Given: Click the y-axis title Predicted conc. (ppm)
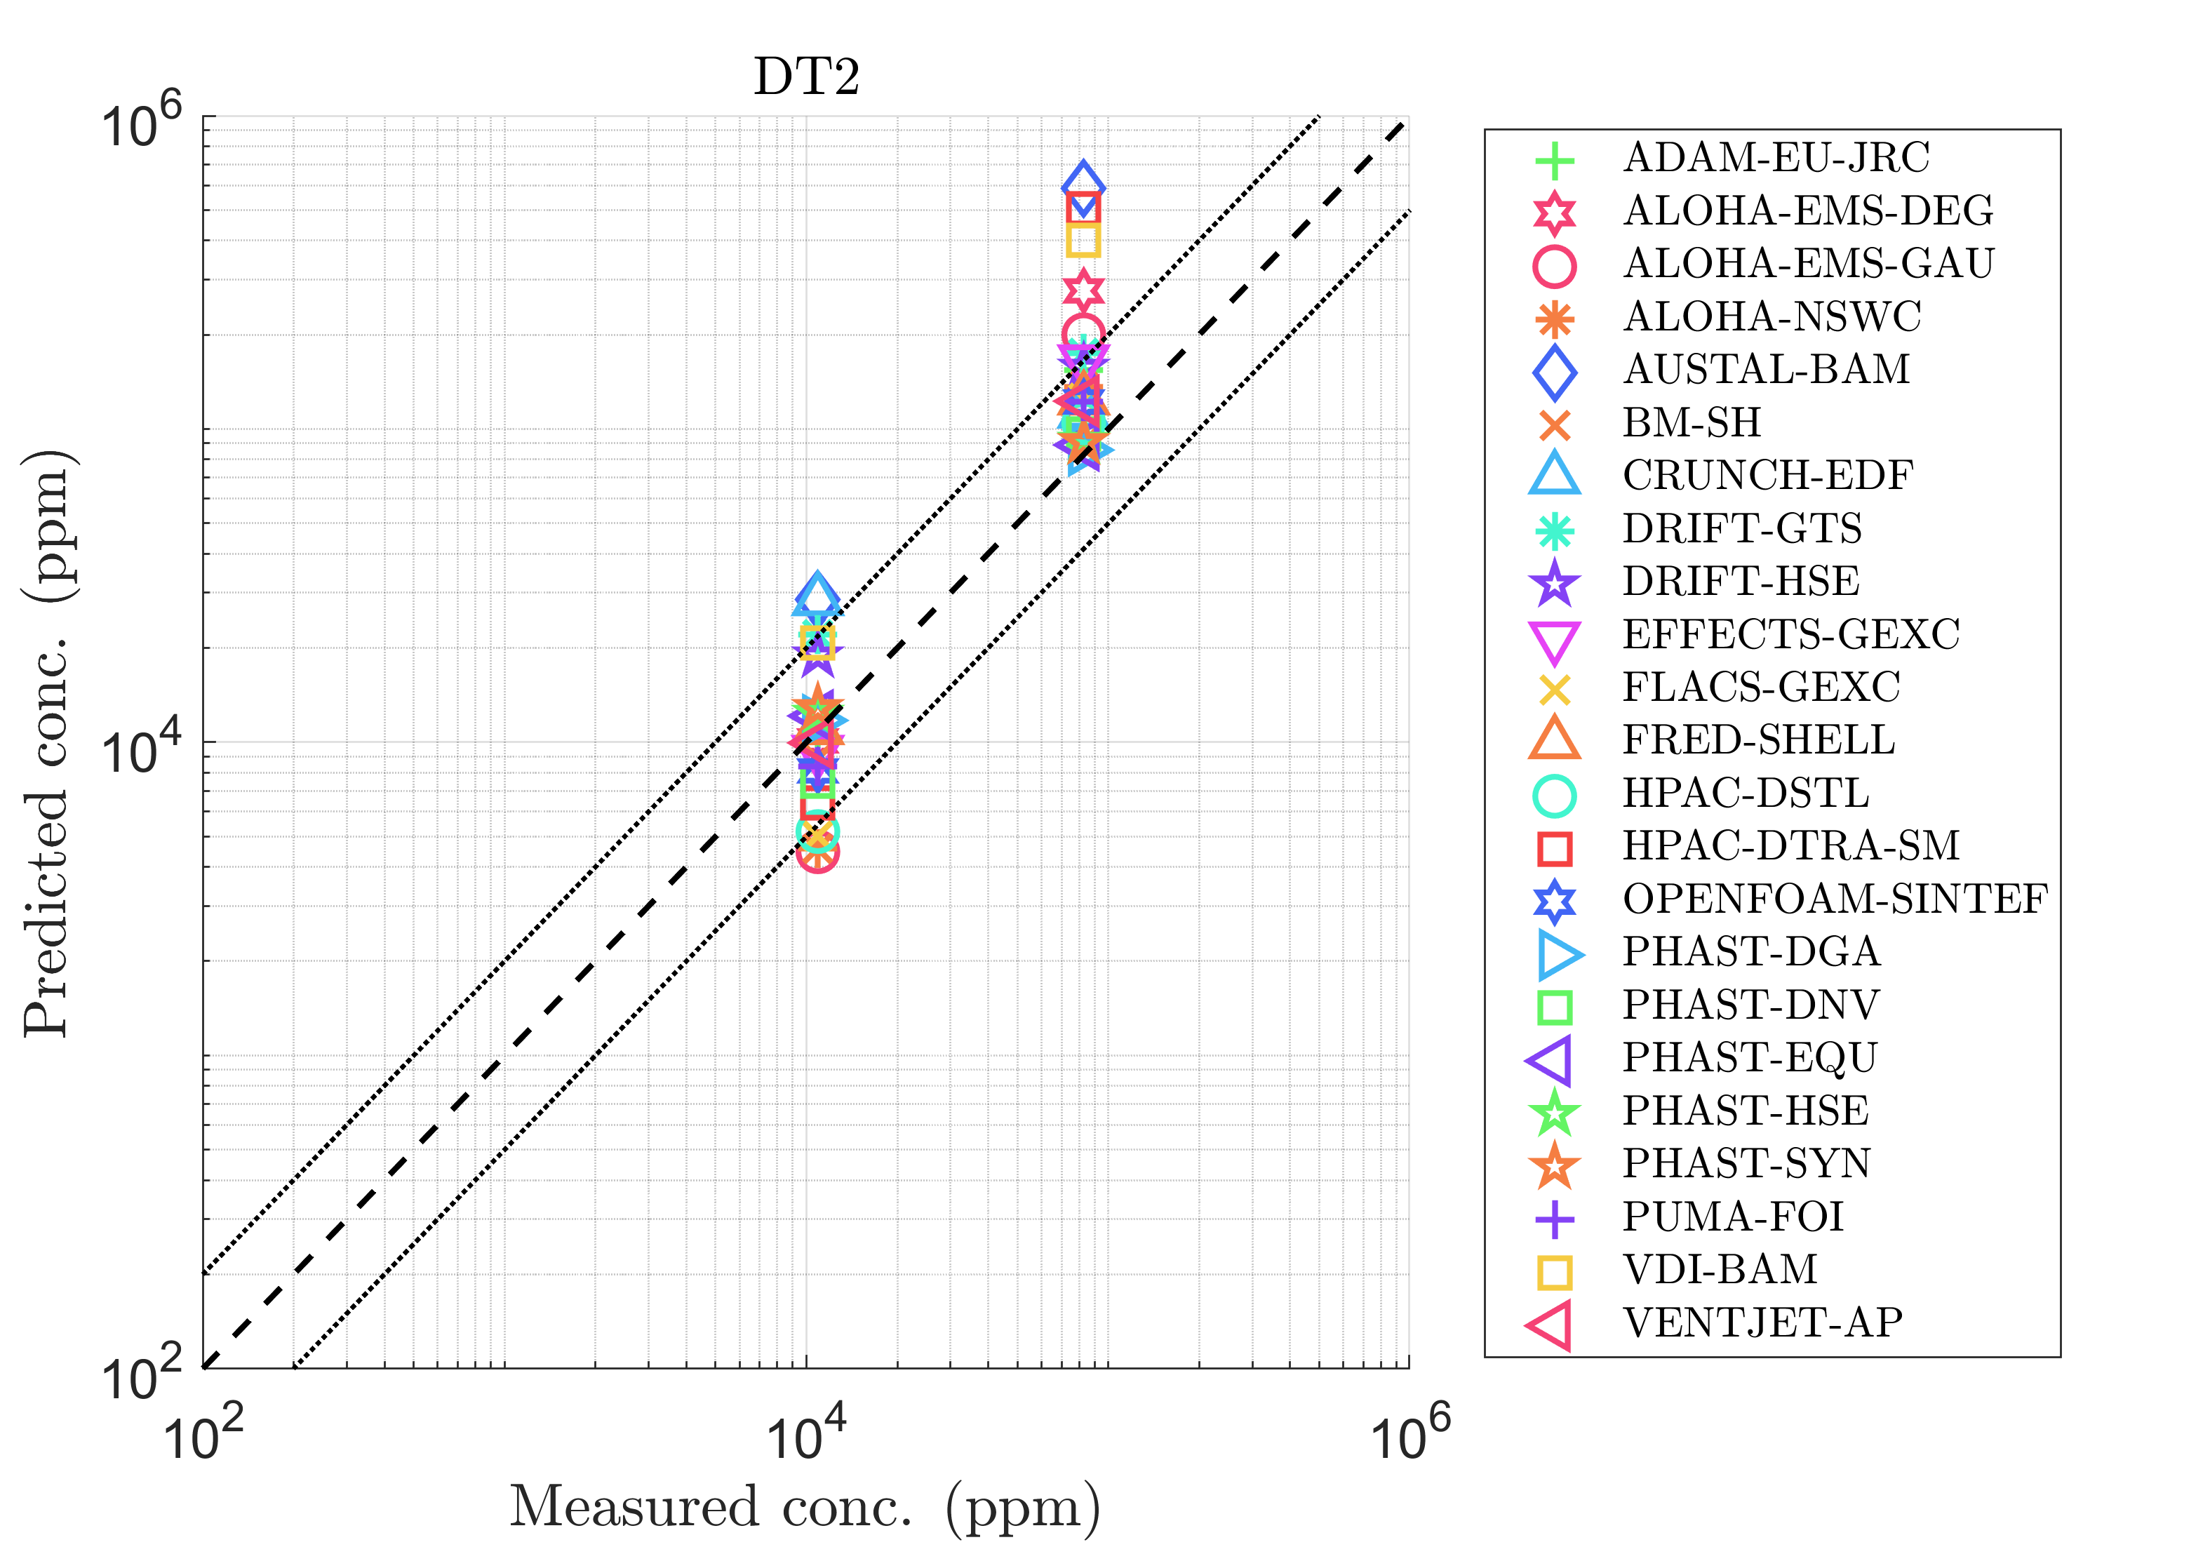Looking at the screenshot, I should click(x=48, y=742).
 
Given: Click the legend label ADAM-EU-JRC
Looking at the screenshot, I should click(x=1776, y=158).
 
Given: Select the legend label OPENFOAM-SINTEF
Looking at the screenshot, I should click(x=1835, y=899).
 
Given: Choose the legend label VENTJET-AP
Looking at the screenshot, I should click(x=1762, y=1322).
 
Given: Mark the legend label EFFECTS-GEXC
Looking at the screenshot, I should click(x=1791, y=634).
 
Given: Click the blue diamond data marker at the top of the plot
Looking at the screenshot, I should click(x=1084, y=184).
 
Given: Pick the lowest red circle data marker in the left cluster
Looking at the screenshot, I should click(x=818, y=852).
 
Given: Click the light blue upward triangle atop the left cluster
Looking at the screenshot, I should click(x=817, y=595).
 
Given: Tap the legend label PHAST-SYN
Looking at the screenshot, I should click(x=1746, y=1164).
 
